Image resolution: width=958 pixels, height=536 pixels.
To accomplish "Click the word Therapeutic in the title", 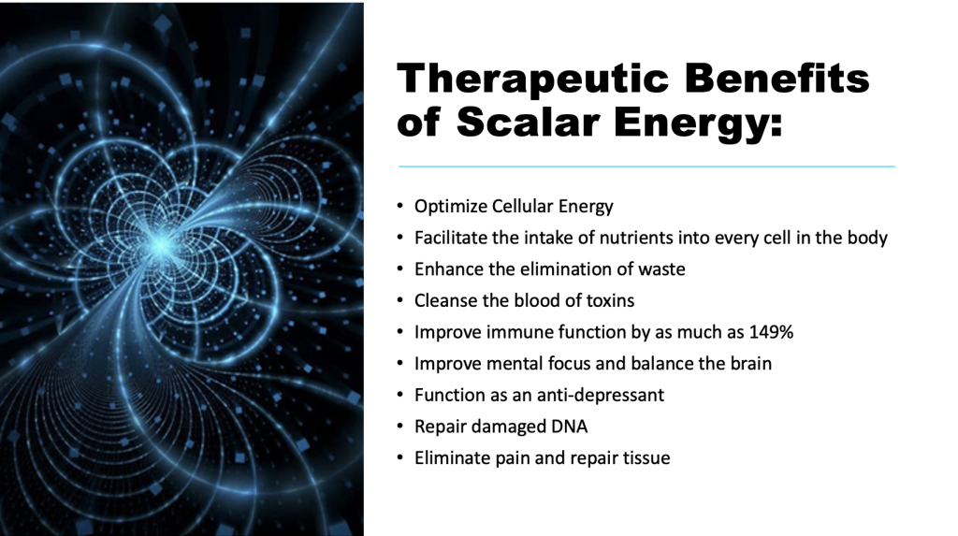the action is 534,80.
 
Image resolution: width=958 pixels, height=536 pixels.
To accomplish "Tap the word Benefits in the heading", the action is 777,79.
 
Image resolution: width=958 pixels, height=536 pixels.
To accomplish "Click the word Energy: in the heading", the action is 698,124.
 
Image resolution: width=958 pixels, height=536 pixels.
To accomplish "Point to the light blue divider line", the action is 647,166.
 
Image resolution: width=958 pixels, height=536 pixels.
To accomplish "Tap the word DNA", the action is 570,426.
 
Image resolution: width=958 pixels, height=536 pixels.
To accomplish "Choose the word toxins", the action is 610,300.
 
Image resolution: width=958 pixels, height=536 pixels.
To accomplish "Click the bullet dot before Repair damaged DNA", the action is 400,426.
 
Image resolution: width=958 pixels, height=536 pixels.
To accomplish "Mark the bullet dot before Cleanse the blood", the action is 400,300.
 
